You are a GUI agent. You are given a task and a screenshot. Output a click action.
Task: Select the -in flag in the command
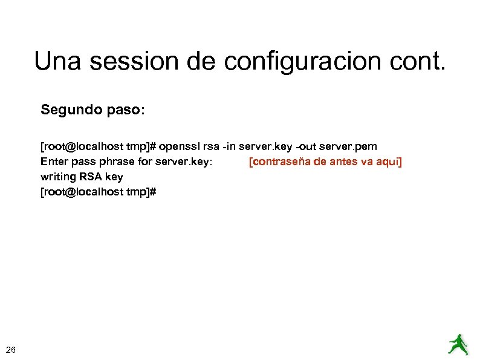pos(227,147)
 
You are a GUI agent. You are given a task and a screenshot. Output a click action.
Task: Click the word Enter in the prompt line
pos(53,162)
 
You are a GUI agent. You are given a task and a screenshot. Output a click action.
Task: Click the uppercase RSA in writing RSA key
pos(90,177)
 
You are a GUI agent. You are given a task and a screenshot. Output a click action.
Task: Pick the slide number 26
pos(11,349)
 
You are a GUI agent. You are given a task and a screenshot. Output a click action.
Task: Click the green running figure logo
pos(458,343)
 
